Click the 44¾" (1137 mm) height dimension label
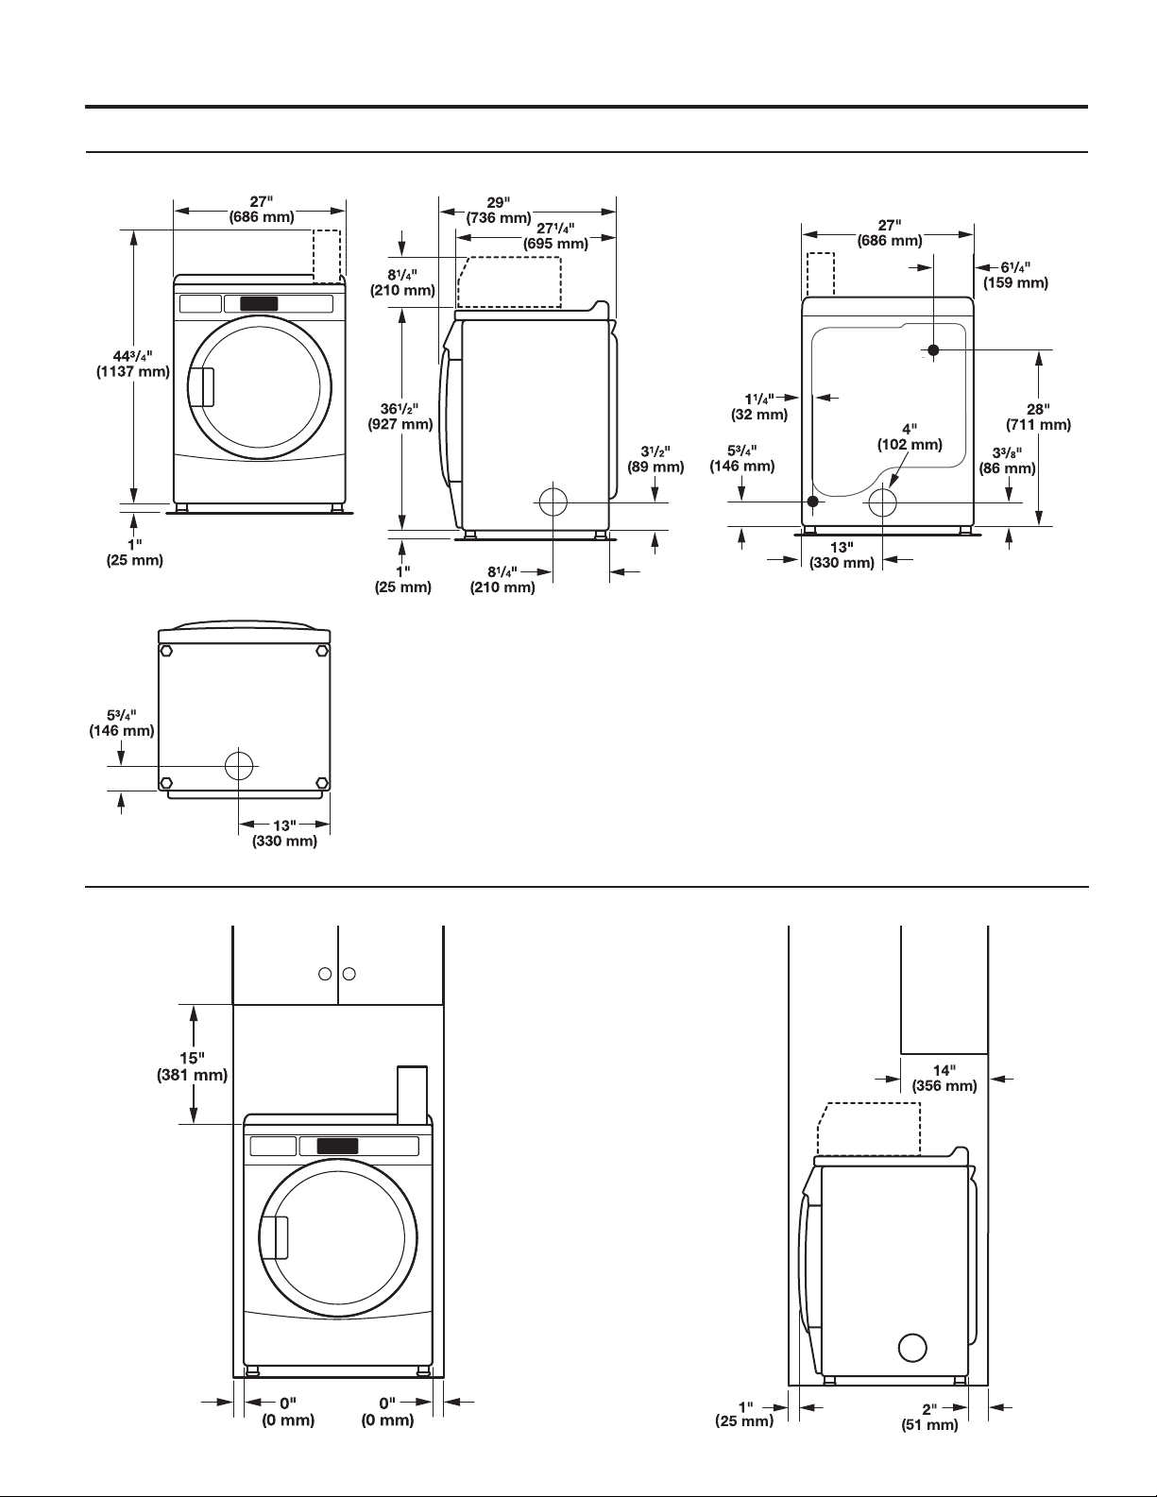[133, 364]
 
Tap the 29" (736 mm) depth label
[499, 210]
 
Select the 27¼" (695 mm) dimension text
[555, 235]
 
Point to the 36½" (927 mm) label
[400, 417]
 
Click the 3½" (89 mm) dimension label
[655, 460]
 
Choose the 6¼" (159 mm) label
[1016, 275]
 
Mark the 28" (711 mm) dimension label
[1039, 417]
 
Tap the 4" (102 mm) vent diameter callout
[910, 436]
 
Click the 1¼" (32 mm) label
[759, 406]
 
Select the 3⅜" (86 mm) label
[1008, 461]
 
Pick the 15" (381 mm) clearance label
[192, 1066]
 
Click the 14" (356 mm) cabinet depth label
[944, 1079]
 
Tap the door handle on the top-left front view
[205, 387]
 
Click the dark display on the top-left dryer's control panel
[259, 304]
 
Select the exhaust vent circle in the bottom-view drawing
[238, 765]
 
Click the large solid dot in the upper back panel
[933, 350]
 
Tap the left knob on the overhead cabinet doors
[325, 974]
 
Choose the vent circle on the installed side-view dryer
[912, 1348]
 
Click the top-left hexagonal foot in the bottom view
[166, 651]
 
